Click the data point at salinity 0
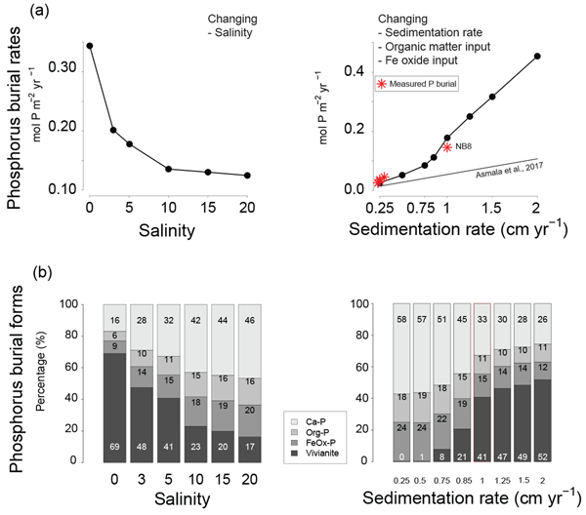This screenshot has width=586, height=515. coord(90,46)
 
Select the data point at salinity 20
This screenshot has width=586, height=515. coord(247,176)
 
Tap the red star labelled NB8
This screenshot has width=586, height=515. coord(447,147)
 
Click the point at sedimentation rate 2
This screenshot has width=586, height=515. coord(537,57)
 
